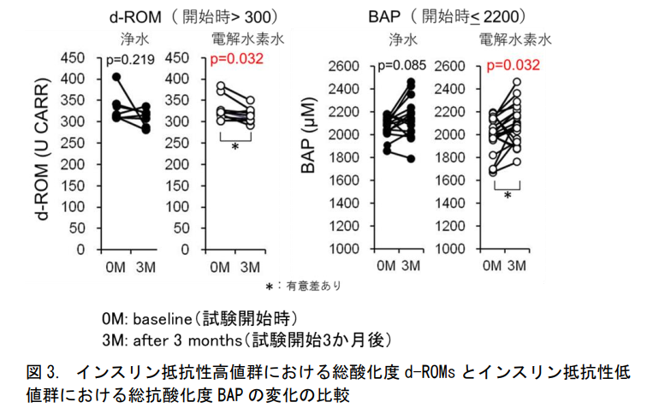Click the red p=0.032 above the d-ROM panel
point(238,60)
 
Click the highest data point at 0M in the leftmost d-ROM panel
point(117,78)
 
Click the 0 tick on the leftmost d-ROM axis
point(80,250)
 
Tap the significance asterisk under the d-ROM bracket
point(235,147)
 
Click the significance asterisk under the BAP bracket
point(508,196)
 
